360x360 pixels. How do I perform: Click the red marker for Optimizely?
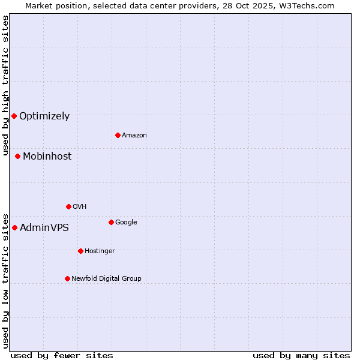point(14,116)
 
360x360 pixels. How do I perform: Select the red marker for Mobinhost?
point(17,156)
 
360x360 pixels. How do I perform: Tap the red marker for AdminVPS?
point(14,227)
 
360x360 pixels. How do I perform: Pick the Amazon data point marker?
point(118,135)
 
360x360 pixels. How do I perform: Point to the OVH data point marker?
point(68,206)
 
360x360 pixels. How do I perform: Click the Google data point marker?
point(111,222)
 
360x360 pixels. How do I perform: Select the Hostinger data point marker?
point(80,251)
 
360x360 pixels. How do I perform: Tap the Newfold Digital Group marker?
point(67,278)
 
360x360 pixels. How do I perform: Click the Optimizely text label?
point(44,116)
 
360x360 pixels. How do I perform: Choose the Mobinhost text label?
point(47,157)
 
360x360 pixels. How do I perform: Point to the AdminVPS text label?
point(44,228)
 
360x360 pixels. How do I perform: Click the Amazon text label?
point(134,136)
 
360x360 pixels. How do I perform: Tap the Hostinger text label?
point(100,251)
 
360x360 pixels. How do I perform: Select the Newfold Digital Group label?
point(106,279)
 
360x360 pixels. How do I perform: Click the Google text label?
point(126,223)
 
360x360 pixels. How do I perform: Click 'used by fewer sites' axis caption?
point(62,355)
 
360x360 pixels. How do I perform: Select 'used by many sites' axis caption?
point(301,355)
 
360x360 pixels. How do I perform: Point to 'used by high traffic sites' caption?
point(5,86)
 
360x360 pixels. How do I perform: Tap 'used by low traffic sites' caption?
point(5,281)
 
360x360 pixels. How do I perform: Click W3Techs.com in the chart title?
point(309,5)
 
